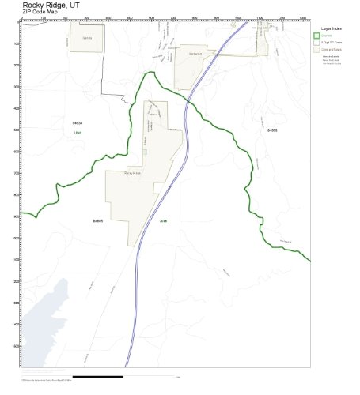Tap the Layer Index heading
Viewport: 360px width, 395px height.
[x=332, y=28]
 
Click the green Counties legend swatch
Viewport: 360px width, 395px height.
[x=316, y=35]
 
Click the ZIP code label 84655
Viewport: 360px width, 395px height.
[x=272, y=129]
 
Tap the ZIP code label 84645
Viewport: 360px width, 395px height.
[x=98, y=220]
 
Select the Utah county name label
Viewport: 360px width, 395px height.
[x=78, y=132]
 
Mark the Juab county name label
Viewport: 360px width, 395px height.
[x=163, y=220]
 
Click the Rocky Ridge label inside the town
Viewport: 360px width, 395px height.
[x=132, y=172]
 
